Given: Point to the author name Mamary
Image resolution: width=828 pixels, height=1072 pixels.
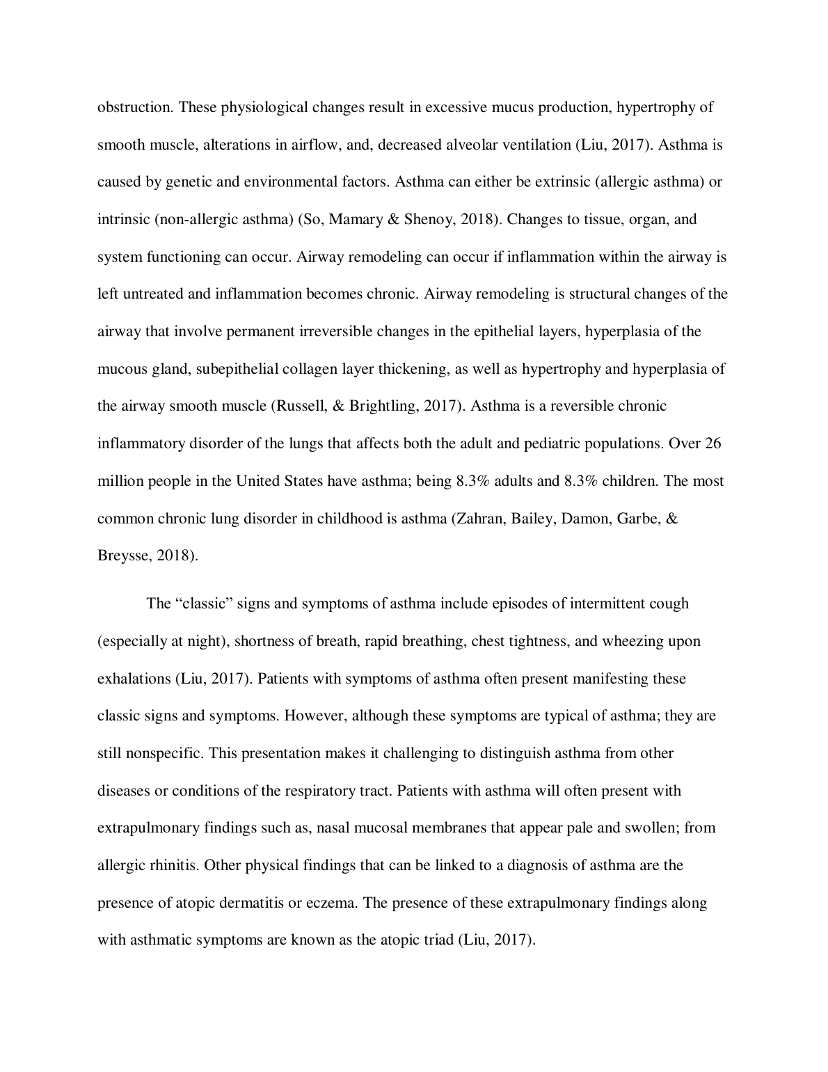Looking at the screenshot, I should point(353,219).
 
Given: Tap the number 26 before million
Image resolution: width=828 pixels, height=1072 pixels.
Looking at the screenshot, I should point(712,443).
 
